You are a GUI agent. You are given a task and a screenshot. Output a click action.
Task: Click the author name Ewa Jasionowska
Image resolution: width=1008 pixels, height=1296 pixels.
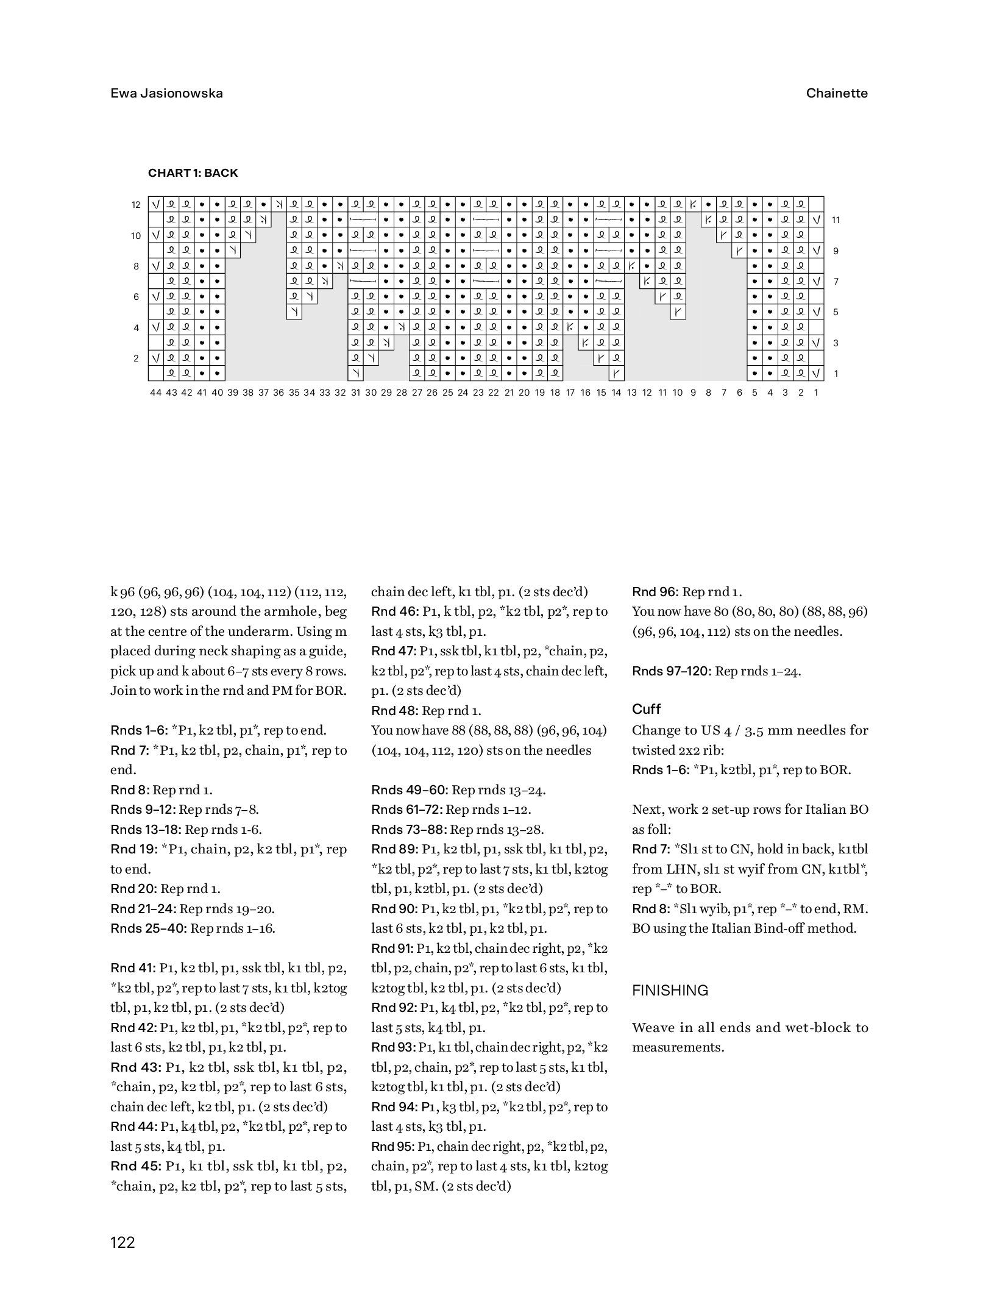166,93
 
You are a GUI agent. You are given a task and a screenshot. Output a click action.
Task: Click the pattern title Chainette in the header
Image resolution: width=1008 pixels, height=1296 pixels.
836,93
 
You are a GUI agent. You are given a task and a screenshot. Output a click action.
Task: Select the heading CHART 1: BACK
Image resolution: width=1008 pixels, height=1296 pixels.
193,173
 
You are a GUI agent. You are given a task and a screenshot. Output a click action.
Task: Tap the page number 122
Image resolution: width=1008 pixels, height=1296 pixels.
122,1242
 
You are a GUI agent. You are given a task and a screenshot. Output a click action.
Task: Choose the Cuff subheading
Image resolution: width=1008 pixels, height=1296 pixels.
646,709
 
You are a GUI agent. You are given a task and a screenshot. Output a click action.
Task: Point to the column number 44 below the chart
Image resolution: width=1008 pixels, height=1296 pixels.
155,393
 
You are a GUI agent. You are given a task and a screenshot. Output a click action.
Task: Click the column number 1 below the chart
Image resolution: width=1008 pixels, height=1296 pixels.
815,393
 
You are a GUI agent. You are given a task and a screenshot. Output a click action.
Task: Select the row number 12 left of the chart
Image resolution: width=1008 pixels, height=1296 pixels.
136,205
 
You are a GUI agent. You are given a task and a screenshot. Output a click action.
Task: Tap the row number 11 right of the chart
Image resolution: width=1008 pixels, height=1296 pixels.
836,220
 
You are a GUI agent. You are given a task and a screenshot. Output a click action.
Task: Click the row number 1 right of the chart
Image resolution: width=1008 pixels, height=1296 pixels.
836,373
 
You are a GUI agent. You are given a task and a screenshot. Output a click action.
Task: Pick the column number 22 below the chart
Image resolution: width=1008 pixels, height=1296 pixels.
494,393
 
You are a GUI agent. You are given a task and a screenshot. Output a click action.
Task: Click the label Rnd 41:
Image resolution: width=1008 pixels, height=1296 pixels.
133,968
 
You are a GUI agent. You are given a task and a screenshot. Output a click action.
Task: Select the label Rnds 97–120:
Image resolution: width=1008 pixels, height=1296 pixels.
672,671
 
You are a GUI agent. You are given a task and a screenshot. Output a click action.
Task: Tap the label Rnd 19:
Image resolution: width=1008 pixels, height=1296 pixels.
133,849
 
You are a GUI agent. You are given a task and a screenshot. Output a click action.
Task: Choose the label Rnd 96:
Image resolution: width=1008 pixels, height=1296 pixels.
655,592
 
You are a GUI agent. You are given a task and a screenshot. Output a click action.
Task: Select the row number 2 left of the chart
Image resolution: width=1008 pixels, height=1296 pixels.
136,358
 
